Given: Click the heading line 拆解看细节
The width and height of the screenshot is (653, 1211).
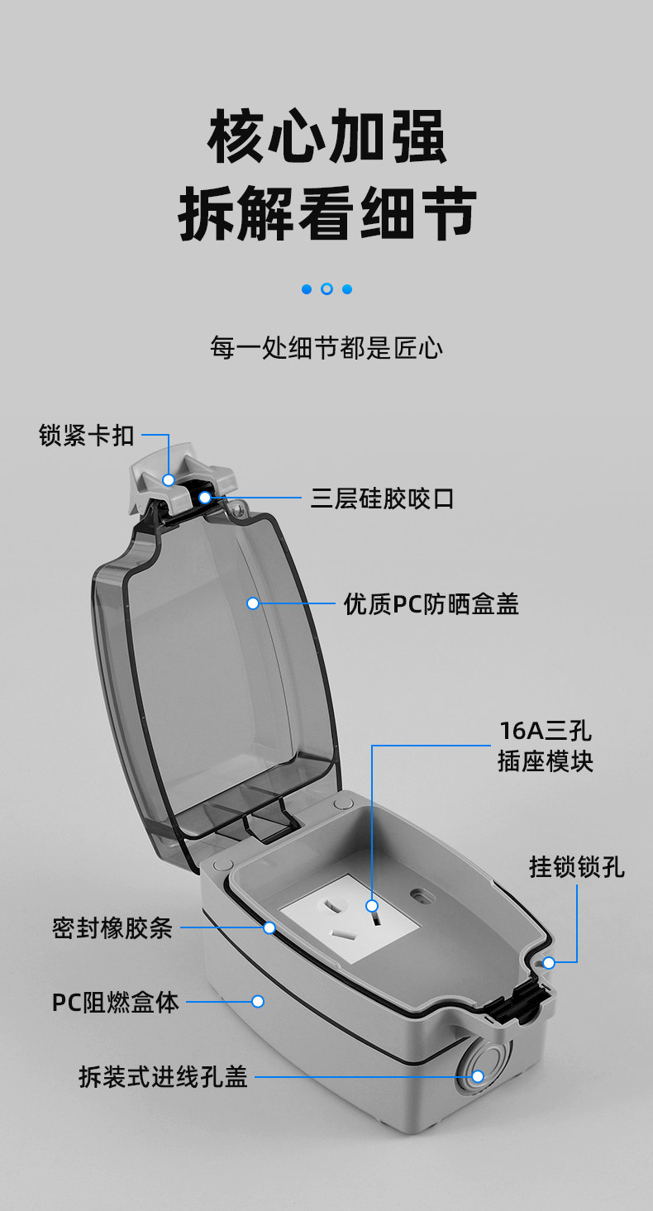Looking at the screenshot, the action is click(326, 213).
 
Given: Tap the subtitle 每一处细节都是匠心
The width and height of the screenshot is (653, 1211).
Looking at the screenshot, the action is click(326, 348).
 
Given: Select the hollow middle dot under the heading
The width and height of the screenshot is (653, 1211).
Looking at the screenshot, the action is click(326, 289).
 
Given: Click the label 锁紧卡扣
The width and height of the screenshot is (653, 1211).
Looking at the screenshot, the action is click(87, 436).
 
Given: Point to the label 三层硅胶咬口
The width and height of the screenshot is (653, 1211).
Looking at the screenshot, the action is click(382, 498).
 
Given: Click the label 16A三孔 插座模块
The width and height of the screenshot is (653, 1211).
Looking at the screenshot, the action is click(546, 746).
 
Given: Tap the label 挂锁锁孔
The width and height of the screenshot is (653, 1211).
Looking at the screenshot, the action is click(577, 867).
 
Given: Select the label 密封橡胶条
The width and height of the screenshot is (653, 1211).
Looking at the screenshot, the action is click(112, 928).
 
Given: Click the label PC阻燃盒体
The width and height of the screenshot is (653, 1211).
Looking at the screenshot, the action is click(116, 1002).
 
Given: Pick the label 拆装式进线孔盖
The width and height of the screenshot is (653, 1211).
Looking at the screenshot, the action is click(164, 1077).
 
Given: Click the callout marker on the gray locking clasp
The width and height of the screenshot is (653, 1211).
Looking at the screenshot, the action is click(169, 479).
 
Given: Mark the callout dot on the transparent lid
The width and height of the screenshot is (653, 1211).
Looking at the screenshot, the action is click(253, 603).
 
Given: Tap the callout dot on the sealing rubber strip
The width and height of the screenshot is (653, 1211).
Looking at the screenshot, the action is click(269, 927).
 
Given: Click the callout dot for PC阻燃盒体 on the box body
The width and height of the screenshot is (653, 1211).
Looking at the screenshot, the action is click(258, 1001).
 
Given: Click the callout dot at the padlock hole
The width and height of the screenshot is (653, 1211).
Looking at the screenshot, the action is click(549, 962).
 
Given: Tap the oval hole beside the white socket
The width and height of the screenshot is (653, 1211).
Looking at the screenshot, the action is click(422, 894).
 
